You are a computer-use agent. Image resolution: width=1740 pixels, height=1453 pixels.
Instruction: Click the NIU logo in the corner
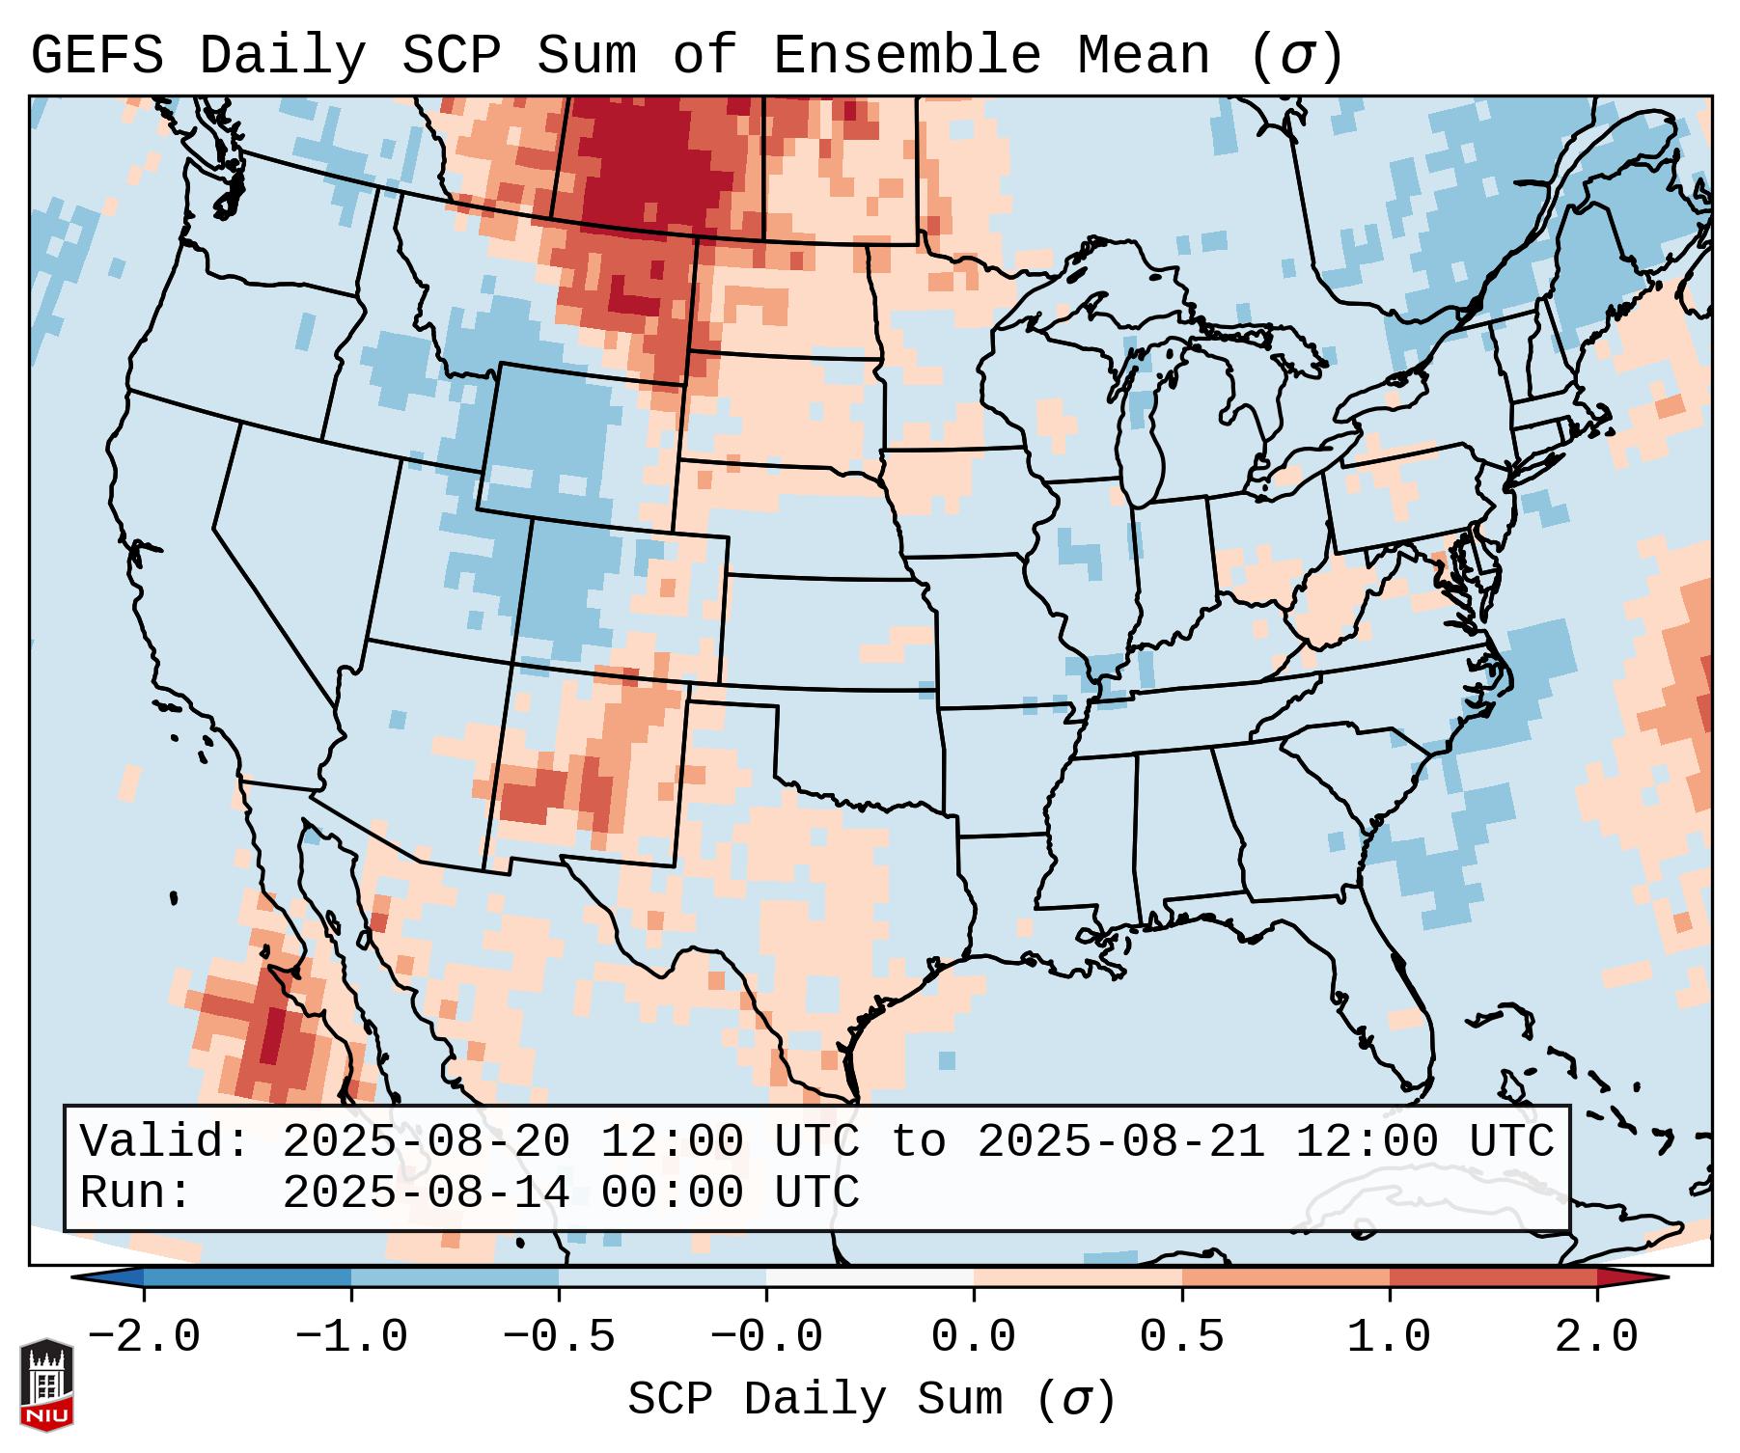click(x=46, y=1384)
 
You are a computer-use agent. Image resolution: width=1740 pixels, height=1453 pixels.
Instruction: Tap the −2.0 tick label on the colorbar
click(x=144, y=1337)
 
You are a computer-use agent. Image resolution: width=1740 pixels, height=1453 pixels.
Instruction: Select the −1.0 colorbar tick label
click(x=351, y=1337)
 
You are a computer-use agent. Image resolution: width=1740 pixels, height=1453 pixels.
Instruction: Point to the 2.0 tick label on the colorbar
click(x=1597, y=1337)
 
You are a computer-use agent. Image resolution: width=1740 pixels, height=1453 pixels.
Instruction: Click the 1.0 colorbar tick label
click(x=1389, y=1337)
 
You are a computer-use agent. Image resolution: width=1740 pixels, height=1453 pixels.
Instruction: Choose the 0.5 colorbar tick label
click(x=1181, y=1337)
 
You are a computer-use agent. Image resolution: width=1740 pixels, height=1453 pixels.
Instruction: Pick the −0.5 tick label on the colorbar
click(x=559, y=1337)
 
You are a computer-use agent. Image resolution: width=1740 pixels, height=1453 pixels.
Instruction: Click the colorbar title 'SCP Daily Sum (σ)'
click(x=871, y=1400)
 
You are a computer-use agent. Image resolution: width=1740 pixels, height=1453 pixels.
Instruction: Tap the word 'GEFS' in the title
click(x=97, y=55)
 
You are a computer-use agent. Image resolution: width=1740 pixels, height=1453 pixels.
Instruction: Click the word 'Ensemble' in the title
click(x=907, y=55)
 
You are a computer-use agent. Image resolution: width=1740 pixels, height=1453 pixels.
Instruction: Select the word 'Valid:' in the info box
click(x=165, y=1141)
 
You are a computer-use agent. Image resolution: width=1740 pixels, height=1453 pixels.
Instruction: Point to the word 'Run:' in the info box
click(x=136, y=1193)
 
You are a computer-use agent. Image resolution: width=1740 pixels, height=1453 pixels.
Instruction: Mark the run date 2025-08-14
click(x=426, y=1193)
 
